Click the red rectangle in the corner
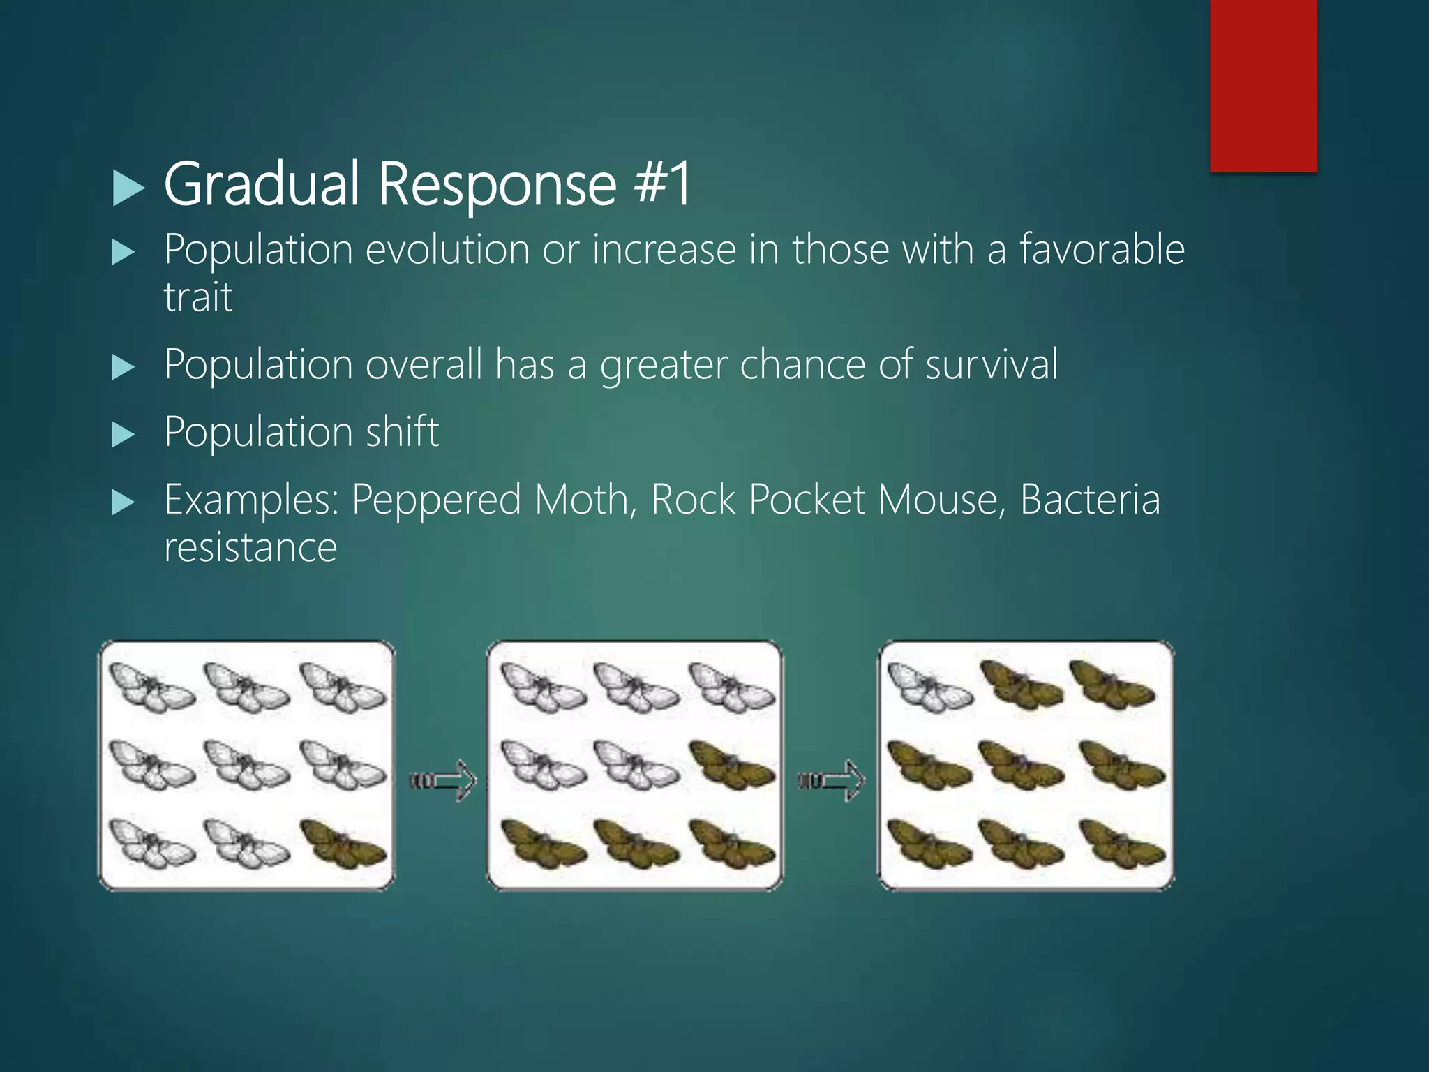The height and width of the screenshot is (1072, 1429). tap(1263, 85)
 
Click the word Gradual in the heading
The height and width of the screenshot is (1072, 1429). tap(261, 184)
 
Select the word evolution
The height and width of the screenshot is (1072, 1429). tap(447, 249)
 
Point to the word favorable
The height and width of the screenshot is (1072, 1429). tap(1102, 249)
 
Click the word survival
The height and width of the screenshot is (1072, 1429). tap(991, 364)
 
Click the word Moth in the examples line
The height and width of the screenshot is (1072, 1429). tap(585, 500)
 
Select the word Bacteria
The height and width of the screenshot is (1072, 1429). tap(1090, 500)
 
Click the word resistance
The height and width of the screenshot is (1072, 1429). tap(250, 546)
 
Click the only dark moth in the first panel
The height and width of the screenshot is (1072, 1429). tap(343, 844)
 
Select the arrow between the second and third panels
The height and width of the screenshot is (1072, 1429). tap(832, 780)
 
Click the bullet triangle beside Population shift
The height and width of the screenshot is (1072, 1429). tap(124, 434)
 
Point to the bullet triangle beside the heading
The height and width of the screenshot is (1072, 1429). tap(128, 188)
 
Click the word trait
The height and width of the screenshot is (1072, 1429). tap(198, 297)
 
